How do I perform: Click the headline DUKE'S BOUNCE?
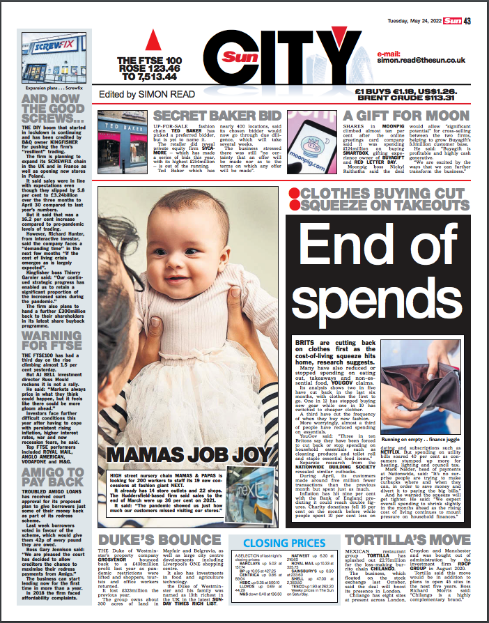(151, 540)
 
